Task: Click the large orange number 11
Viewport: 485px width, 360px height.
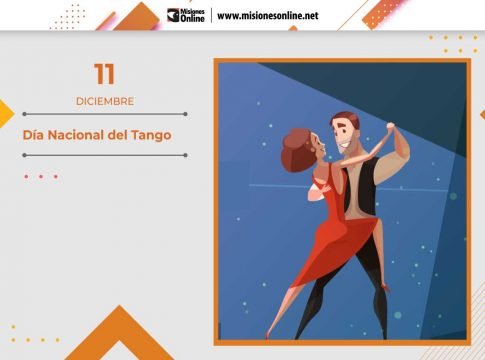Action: pyautogui.click(x=104, y=74)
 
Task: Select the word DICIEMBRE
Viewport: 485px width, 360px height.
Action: pyautogui.click(x=104, y=101)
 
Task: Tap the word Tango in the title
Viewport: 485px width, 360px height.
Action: pyautogui.click(x=150, y=135)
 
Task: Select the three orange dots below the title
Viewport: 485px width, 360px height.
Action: pyautogui.click(x=41, y=177)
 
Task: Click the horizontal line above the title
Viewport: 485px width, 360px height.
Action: pyautogui.click(x=104, y=114)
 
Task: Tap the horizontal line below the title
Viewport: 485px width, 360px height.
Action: pyautogui.click(x=104, y=155)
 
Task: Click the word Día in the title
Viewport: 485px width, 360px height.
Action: pyautogui.click(x=35, y=135)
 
